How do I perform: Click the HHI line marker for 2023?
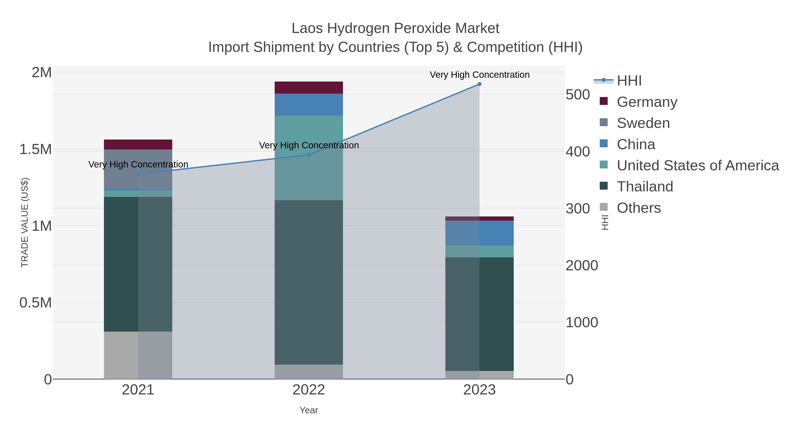pos(479,84)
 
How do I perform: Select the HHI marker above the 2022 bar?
pos(309,155)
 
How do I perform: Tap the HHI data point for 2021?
pos(138,174)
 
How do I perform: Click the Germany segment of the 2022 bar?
pos(309,87)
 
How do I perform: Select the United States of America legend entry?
pos(698,165)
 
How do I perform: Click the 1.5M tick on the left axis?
pos(35,150)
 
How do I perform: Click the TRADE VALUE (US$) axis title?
pos(25,222)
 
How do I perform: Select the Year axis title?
pos(309,410)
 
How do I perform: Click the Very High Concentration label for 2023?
pos(479,75)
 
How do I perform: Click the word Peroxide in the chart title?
pos(418,28)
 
